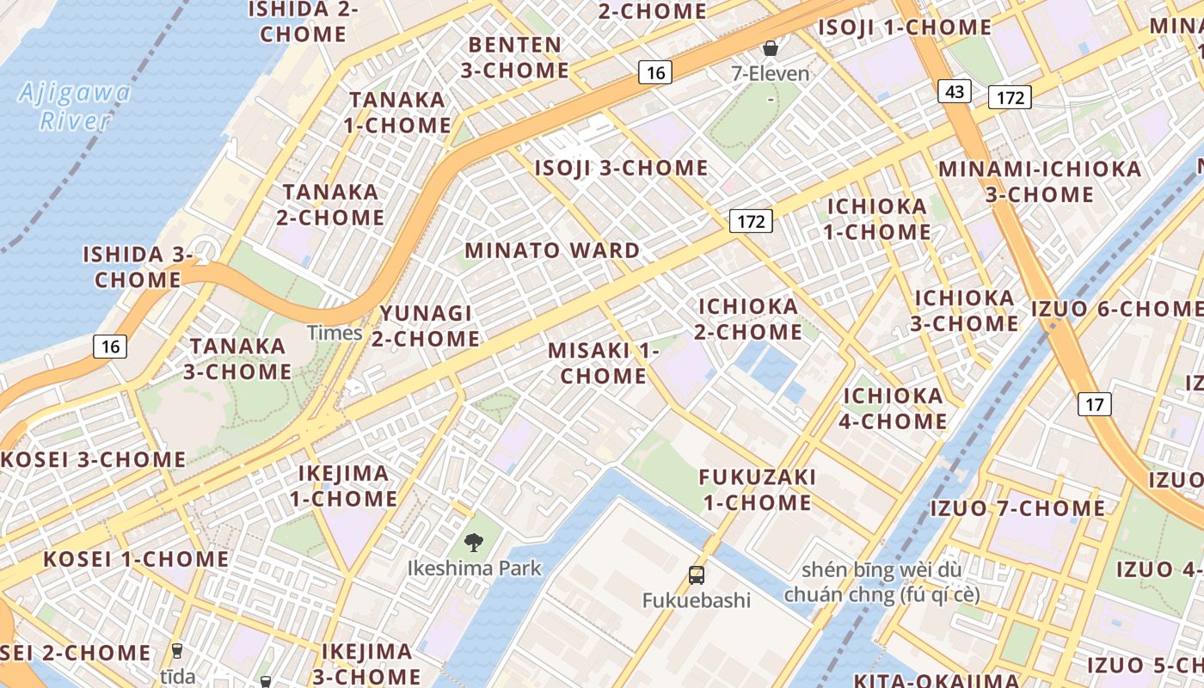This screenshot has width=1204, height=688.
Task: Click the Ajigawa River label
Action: [74, 106]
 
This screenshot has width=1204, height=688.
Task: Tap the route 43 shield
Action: [955, 91]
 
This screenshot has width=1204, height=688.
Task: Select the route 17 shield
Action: [1094, 403]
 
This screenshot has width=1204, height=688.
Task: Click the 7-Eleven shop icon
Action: [771, 48]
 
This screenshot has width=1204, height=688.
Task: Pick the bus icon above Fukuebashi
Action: [697, 574]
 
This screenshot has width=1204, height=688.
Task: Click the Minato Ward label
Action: [552, 251]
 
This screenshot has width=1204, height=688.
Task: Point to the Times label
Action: [335, 333]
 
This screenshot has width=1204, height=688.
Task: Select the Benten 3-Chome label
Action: [514, 58]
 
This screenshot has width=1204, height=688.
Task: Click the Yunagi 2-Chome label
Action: [427, 326]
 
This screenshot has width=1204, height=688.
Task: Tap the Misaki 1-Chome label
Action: [603, 363]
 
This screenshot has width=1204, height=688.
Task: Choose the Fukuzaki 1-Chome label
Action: [758, 489]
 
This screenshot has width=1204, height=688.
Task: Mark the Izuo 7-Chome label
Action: [1017, 508]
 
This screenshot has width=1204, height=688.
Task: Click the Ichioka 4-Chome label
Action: [894, 408]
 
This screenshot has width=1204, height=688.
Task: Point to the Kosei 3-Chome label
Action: [93, 459]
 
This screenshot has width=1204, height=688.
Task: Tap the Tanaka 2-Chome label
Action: [330, 205]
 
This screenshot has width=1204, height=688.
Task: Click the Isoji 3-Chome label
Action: [621, 168]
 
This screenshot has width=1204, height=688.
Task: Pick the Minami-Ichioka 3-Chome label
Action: [1039, 181]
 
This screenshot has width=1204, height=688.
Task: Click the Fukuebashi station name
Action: [697, 600]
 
